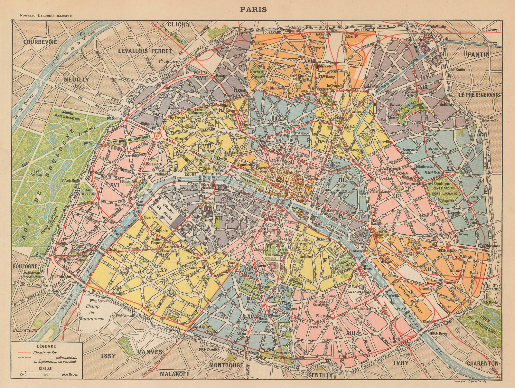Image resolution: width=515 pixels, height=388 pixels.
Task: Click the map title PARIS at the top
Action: pos(253,9)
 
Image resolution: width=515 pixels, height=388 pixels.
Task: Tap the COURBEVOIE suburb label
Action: pos(40,42)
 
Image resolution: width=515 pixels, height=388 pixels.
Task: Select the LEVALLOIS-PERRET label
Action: pos(145,51)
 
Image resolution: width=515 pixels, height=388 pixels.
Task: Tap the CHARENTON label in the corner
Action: pos(482,363)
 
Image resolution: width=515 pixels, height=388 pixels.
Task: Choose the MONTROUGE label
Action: pos(226,365)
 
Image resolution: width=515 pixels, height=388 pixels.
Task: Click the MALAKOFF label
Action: pos(175,374)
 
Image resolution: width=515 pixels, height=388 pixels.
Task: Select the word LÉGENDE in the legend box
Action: pos(46,346)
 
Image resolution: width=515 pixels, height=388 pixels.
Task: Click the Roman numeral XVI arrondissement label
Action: pos(115,185)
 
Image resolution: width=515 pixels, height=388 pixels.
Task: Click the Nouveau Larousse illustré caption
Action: pos(46,15)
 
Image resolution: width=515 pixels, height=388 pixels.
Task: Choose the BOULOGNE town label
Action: pos(25,266)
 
